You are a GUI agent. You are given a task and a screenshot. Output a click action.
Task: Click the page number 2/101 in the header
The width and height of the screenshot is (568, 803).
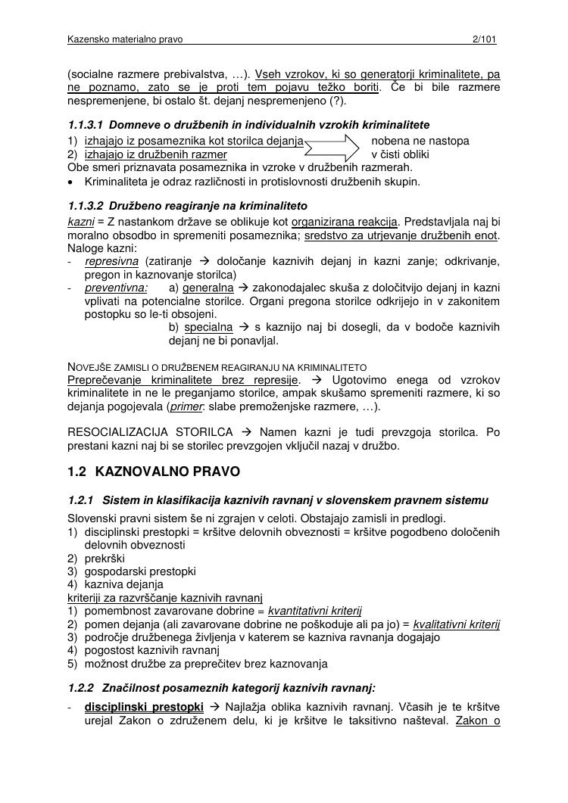coord(483,39)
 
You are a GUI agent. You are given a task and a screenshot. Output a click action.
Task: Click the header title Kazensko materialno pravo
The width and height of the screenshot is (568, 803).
coord(125,39)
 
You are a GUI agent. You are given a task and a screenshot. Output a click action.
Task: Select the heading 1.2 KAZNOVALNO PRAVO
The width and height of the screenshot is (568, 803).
coord(154,472)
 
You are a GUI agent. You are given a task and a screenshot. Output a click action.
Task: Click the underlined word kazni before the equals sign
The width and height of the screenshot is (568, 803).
coord(80,222)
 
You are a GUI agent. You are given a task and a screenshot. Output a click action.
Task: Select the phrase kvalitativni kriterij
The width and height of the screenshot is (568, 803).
coord(456,624)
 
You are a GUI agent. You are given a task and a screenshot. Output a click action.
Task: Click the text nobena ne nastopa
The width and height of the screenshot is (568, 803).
coord(420,141)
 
